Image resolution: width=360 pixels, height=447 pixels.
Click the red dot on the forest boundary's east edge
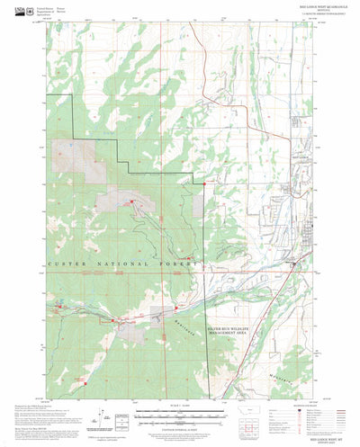pos(205,183)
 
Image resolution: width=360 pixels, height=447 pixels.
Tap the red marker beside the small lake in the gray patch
pos(131,201)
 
